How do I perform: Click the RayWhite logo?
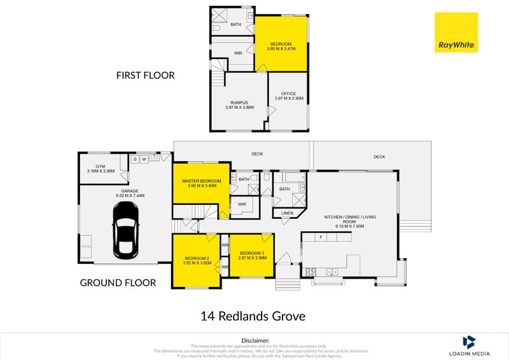(456, 32)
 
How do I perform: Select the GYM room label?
(101, 169)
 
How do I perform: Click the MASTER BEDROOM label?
(201, 183)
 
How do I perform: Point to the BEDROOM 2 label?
(195, 260)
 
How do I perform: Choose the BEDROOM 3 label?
(251, 256)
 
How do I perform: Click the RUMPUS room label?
(239, 104)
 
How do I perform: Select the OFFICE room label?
(289, 96)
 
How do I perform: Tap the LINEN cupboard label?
(288, 213)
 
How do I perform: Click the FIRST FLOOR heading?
(145, 75)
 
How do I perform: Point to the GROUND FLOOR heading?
(117, 282)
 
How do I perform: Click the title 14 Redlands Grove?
(253, 316)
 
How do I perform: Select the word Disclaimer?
(255, 341)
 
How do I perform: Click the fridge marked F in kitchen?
(322, 237)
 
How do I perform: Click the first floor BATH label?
(235, 25)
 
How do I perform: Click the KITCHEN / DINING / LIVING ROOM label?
(350, 219)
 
